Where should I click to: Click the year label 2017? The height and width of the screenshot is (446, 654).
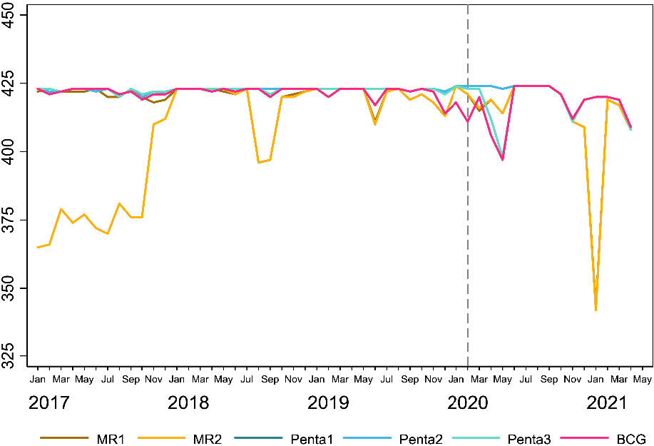[48, 403]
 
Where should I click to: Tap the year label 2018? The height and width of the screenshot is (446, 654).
[188, 403]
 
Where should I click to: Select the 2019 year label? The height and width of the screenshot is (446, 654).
[328, 403]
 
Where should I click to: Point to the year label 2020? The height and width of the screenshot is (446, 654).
[468, 403]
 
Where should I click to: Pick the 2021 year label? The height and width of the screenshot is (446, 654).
[607, 403]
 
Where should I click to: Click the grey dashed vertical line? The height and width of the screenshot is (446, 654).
[468, 214]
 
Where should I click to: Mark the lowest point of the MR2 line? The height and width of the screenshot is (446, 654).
[596, 310]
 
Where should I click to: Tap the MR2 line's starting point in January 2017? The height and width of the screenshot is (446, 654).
[37, 247]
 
